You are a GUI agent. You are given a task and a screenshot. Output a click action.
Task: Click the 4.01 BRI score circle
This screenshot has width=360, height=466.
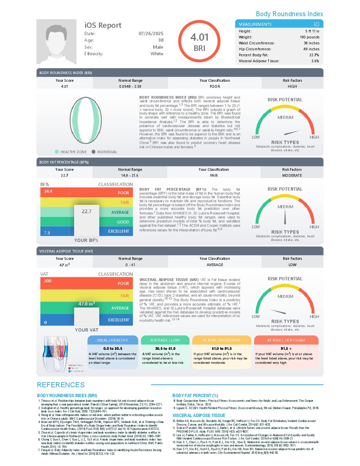(x=199, y=41)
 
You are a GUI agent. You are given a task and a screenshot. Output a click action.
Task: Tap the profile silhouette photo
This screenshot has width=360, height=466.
(x=56, y=42)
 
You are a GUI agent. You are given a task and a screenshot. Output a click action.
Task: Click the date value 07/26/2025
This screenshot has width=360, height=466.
(x=151, y=33)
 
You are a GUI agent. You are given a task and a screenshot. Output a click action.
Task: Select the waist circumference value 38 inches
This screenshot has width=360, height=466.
(x=311, y=43)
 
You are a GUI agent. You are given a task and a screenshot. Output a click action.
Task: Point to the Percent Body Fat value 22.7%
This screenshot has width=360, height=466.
(x=314, y=55)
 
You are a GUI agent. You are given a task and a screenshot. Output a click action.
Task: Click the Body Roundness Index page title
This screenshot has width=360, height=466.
(x=290, y=14)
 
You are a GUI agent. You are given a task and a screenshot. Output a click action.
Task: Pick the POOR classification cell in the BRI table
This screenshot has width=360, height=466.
(x=215, y=86)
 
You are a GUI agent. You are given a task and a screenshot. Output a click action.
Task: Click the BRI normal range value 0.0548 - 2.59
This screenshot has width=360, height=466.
(x=130, y=86)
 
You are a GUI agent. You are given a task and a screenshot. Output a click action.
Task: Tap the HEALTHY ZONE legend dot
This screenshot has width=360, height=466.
(x=57, y=152)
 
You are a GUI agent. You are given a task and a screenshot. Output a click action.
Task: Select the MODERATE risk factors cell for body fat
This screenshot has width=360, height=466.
(x=292, y=175)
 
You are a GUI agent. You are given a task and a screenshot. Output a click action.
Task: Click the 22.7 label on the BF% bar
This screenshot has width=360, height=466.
(x=86, y=211)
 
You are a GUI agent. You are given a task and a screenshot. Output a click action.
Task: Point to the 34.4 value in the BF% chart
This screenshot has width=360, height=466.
(x=48, y=191)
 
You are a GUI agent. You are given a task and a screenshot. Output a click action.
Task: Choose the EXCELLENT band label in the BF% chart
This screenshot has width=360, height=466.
(x=118, y=231)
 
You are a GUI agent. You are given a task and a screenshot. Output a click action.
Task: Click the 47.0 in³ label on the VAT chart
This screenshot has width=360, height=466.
(x=86, y=304)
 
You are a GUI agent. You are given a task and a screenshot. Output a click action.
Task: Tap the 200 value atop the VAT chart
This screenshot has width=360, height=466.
(x=48, y=281)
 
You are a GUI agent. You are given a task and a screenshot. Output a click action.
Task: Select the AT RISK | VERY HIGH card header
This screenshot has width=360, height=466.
(x=286, y=340)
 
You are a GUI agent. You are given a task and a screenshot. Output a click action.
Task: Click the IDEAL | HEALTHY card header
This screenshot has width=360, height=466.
(x=112, y=340)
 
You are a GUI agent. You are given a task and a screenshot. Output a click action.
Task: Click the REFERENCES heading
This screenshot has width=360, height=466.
(x=61, y=385)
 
